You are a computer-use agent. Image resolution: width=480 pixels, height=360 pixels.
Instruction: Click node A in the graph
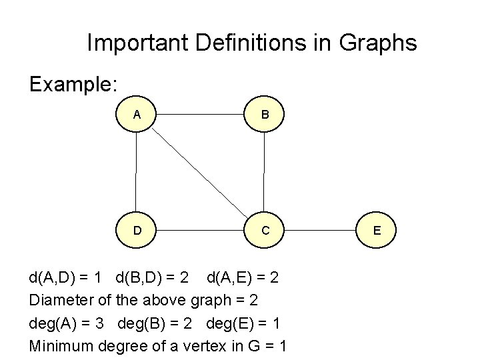coord(137,114)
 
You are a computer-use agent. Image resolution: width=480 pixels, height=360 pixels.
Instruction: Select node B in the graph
coord(265,114)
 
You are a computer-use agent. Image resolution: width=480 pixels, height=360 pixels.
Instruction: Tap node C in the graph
coord(265,230)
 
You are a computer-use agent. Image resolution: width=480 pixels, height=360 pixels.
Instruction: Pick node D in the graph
coord(137,230)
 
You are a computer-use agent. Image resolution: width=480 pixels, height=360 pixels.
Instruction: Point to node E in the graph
coord(377,230)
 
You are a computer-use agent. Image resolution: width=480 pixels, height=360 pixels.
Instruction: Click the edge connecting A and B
coord(201,114)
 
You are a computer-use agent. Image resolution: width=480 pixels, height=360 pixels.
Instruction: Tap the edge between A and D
coord(136,172)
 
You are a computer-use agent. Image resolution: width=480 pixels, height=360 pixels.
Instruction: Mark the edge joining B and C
coord(265,172)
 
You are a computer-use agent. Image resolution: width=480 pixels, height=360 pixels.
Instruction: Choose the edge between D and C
coord(201,231)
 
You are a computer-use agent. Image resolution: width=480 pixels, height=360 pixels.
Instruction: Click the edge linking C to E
coord(321,231)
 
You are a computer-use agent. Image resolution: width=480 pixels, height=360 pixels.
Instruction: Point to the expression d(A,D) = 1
coord(69,276)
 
